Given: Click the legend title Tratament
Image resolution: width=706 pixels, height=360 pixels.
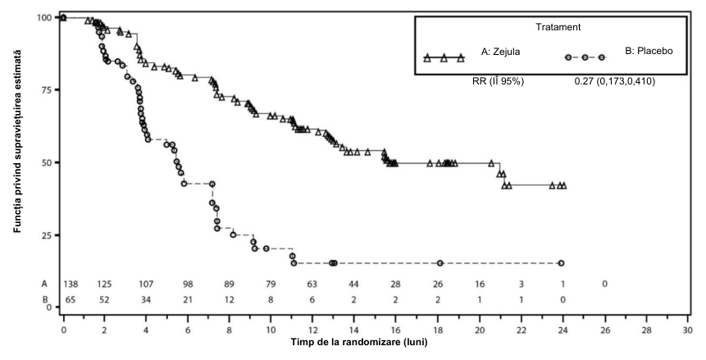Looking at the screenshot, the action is pyautogui.click(x=558, y=27).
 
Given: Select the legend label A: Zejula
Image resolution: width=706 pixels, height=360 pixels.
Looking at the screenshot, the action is pyautogui.click(x=500, y=52).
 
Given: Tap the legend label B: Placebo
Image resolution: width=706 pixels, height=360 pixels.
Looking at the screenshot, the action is pyautogui.click(x=649, y=51).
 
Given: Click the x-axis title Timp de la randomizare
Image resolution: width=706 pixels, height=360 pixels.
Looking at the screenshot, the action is pyautogui.click(x=359, y=342).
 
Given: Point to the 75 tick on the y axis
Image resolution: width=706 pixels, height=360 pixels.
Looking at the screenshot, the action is pyautogui.click(x=48, y=89).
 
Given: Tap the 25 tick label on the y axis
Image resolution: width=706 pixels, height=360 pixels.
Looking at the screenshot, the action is pyautogui.click(x=48, y=235).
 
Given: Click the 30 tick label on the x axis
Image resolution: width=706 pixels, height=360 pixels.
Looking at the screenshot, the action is pyautogui.click(x=687, y=330).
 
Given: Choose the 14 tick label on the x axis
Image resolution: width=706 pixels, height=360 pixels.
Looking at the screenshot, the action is pyautogui.click(x=354, y=330).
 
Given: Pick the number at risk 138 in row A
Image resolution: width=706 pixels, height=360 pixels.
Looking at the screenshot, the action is pyautogui.click(x=71, y=285).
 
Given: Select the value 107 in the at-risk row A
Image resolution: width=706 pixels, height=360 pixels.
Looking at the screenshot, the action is pyautogui.click(x=146, y=285).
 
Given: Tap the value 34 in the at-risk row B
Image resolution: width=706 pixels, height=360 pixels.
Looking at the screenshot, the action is pyautogui.click(x=146, y=299).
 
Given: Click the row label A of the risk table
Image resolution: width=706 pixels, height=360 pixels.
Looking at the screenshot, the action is pyautogui.click(x=44, y=285).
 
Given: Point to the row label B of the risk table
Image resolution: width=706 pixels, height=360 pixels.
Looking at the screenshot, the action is pyautogui.click(x=44, y=299).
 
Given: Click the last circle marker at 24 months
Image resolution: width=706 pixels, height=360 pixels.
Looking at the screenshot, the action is pyautogui.click(x=561, y=263).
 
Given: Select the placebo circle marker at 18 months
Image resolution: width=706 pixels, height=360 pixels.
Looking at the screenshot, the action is pyautogui.click(x=440, y=263).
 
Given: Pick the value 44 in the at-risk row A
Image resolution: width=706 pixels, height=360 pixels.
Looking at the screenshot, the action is pyautogui.click(x=354, y=285).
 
